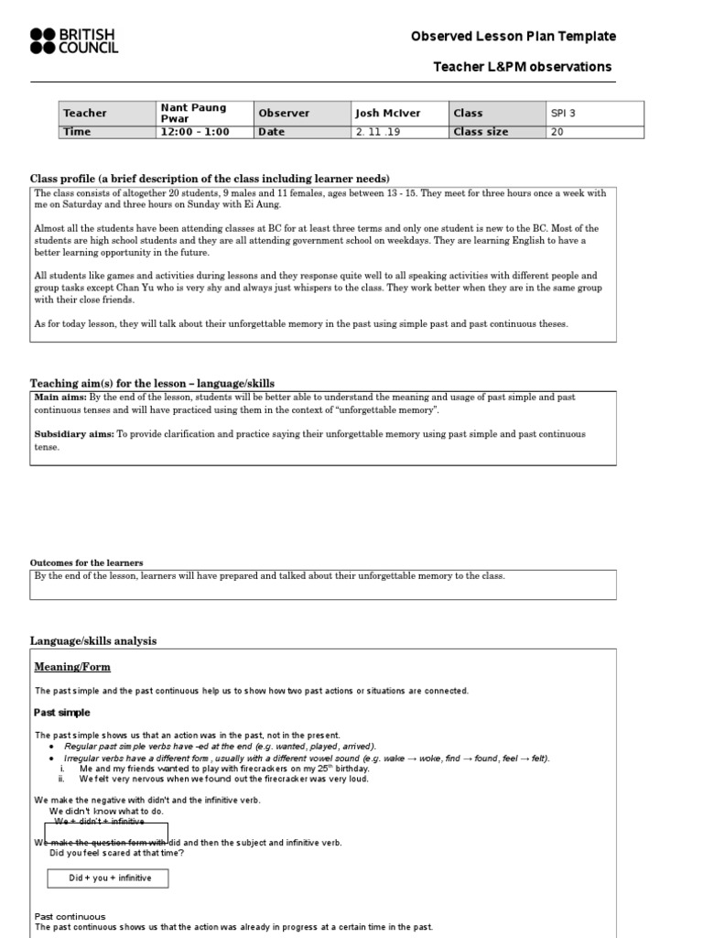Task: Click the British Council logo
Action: click(74, 40)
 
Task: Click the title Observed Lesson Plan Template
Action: click(513, 37)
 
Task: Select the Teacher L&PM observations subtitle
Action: click(522, 67)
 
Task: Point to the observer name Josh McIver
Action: click(388, 114)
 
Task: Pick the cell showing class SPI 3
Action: click(564, 114)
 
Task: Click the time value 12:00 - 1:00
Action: click(195, 132)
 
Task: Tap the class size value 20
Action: click(557, 132)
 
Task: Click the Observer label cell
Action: click(285, 114)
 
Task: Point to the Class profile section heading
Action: click(211, 178)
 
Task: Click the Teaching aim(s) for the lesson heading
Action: click(152, 383)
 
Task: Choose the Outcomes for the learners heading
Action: click(87, 562)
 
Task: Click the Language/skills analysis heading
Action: click(93, 641)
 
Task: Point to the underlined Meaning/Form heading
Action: click(72, 667)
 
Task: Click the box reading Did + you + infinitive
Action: click(108, 878)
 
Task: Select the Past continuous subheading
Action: click(70, 916)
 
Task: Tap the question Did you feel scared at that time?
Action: click(116, 853)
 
